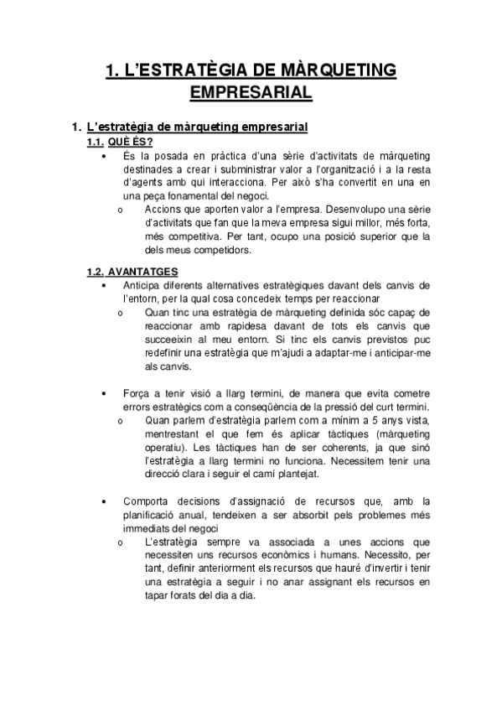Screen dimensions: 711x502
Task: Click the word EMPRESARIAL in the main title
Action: [251, 91]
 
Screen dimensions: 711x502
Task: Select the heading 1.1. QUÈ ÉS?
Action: [120, 142]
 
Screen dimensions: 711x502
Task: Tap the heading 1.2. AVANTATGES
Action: [131, 272]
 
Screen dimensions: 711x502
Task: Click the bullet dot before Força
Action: [102, 393]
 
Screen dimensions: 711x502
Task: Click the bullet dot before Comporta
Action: [102, 501]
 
